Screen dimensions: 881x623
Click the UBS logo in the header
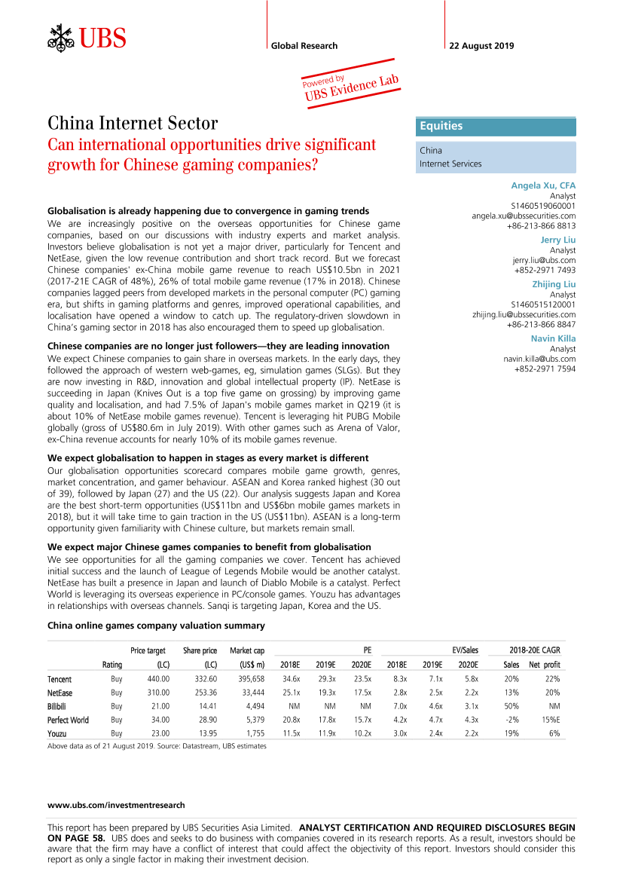click(87, 36)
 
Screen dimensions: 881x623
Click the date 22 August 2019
click(481, 46)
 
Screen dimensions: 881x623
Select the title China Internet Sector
click(133, 123)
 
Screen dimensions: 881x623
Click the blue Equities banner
click(496, 127)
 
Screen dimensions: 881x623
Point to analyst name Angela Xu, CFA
click(543, 185)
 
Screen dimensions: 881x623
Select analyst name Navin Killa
click(553, 338)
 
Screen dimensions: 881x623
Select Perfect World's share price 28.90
click(205, 720)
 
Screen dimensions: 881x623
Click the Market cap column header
click(247, 650)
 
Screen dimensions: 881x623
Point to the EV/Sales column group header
click(466, 650)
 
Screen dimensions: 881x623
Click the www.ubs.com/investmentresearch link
click(116, 806)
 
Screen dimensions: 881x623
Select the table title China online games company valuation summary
click(156, 626)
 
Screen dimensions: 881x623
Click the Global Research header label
click(304, 46)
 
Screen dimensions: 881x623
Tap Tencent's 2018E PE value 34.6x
click(289, 680)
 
